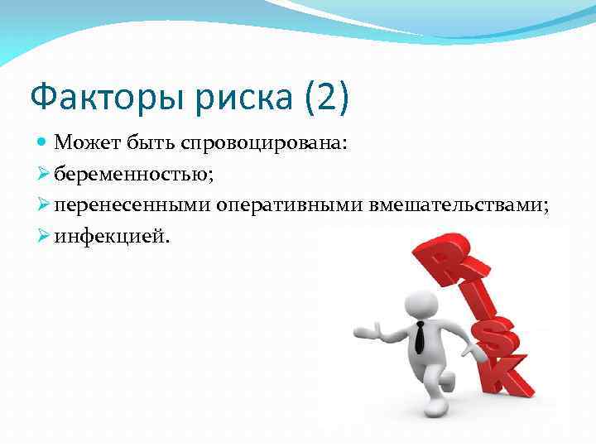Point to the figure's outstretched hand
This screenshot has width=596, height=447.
tap(364, 332)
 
